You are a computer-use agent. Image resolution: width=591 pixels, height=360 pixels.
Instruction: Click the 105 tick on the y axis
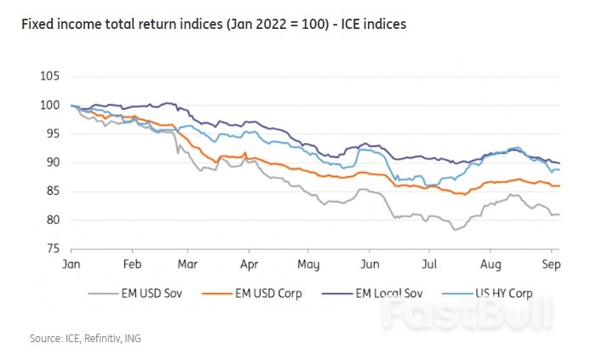49,77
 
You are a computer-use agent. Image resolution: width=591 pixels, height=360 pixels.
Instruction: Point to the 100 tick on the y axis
49,106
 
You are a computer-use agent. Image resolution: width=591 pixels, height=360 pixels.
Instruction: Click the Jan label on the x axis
72,266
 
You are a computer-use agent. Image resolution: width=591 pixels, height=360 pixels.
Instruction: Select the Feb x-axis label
131,266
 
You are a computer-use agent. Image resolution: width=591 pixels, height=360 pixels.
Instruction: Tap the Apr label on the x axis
249,266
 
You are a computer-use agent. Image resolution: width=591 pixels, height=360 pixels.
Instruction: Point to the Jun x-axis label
369,266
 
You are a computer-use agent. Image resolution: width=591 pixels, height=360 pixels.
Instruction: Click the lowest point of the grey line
456,230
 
